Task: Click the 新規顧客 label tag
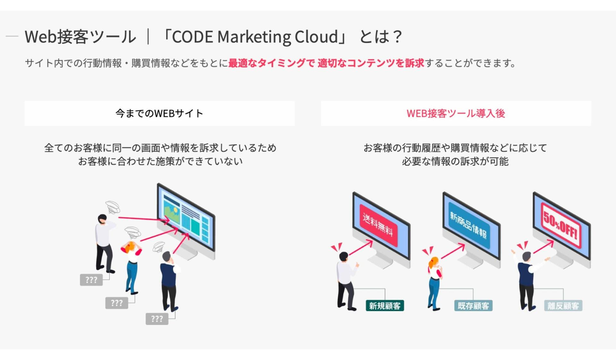385,306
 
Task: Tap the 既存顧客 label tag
473,306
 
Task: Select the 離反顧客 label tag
563,306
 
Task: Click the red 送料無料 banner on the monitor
378,225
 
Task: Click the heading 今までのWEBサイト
159,113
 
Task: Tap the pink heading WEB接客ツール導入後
456,113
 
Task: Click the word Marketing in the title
255,37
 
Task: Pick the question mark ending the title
397,37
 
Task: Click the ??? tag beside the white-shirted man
91,280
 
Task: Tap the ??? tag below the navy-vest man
157,318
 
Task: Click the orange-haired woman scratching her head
132,265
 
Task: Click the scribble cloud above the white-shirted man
113,207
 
